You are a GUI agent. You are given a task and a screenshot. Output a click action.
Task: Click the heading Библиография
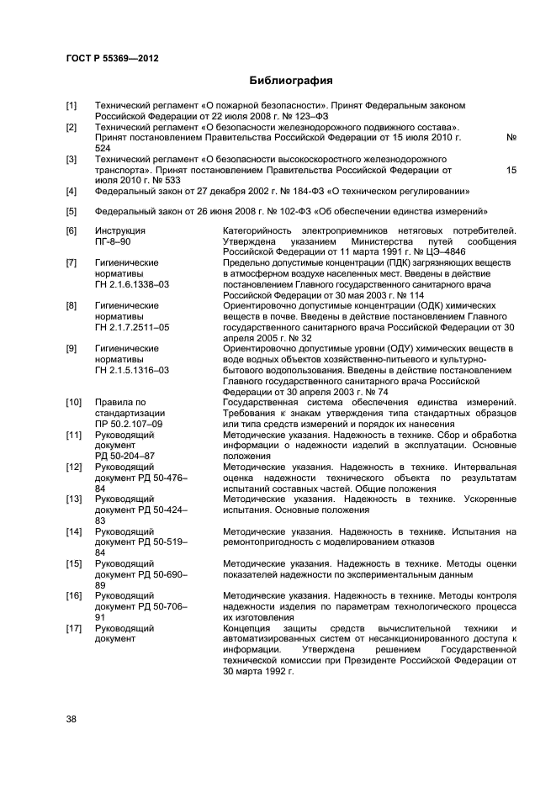[290, 82]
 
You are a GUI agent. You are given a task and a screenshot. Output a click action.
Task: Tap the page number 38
[72, 718]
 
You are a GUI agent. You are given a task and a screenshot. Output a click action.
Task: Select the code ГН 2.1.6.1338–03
[132, 285]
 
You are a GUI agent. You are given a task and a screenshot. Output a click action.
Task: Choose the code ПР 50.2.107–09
[129, 425]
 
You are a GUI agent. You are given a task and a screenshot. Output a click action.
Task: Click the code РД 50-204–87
[126, 457]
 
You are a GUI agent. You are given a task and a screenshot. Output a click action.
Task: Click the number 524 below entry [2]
[103, 148]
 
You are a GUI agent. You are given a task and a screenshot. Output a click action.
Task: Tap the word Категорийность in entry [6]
[259, 230]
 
